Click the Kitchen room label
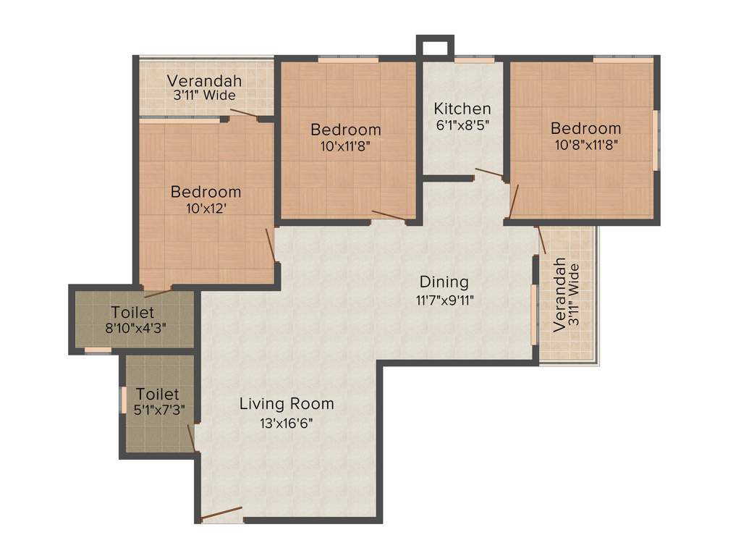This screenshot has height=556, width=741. pyautogui.click(x=462, y=109)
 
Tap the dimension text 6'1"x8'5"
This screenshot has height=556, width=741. pyautogui.click(x=462, y=124)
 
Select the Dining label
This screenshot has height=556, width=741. pyautogui.click(x=444, y=282)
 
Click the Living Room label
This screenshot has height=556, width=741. pyautogui.click(x=287, y=403)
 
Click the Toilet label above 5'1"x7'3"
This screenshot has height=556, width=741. pyautogui.click(x=158, y=395)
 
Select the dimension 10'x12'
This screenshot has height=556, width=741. pyautogui.click(x=206, y=208)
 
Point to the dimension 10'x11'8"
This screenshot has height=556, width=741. pyautogui.click(x=345, y=146)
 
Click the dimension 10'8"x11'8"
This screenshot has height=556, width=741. pyautogui.click(x=585, y=144)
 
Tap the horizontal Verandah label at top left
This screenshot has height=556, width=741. pyautogui.click(x=204, y=81)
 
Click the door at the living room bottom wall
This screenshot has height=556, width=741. pyautogui.click(x=221, y=515)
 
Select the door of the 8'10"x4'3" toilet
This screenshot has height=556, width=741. pyautogui.click(x=158, y=292)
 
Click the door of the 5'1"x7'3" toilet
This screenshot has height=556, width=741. pyautogui.click(x=191, y=438)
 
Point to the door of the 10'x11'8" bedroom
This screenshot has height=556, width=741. pyautogui.click(x=389, y=215)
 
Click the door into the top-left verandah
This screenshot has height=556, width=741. pyautogui.click(x=243, y=114)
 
